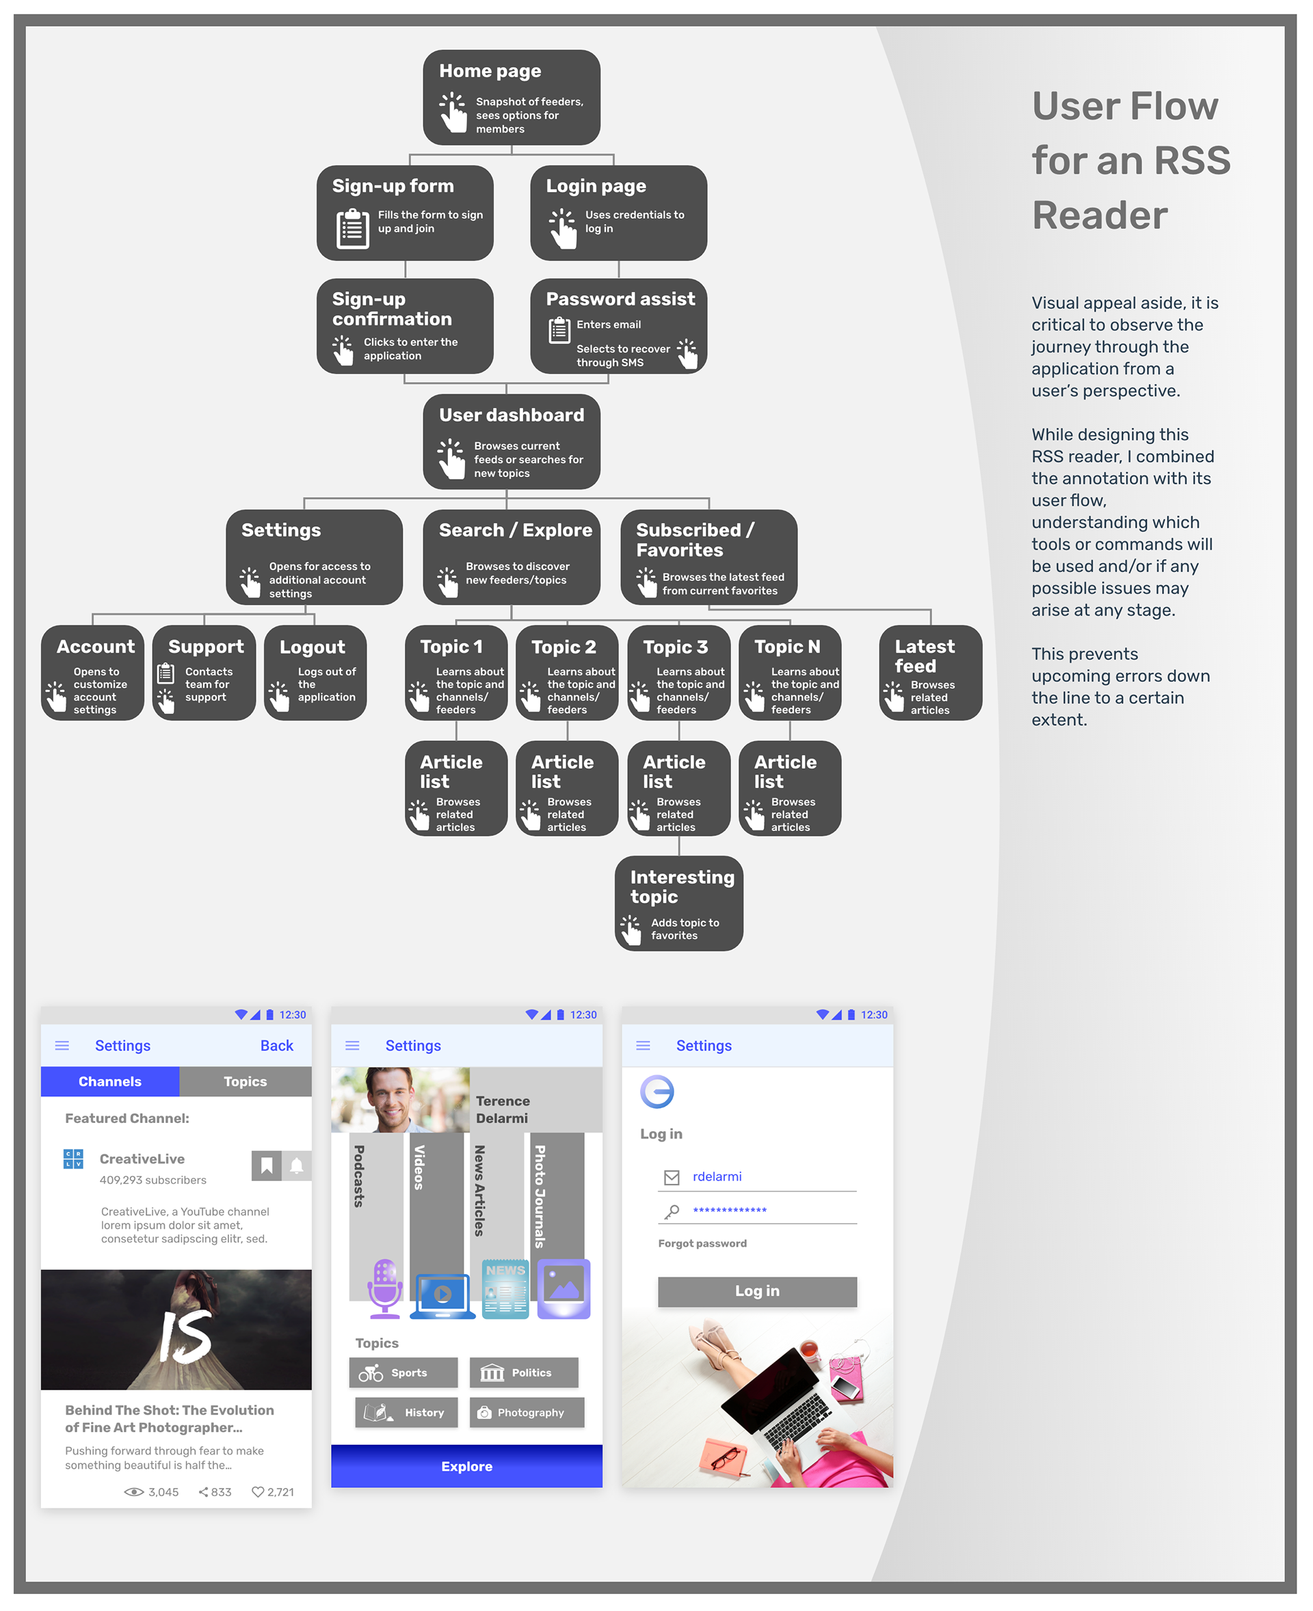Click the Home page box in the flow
coord(512,97)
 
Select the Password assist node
coord(618,326)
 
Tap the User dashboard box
coord(512,441)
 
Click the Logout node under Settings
coord(315,672)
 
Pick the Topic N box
coord(790,672)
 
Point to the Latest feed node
coord(929,672)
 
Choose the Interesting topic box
coord(678,903)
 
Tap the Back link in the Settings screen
coord(277,1046)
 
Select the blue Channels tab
coord(109,1082)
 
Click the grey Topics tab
coord(245,1082)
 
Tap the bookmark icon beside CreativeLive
coord(266,1166)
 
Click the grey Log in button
coord(757,1291)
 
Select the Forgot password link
coord(702,1243)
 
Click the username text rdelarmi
coord(717,1176)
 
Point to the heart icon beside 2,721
coord(258,1491)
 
